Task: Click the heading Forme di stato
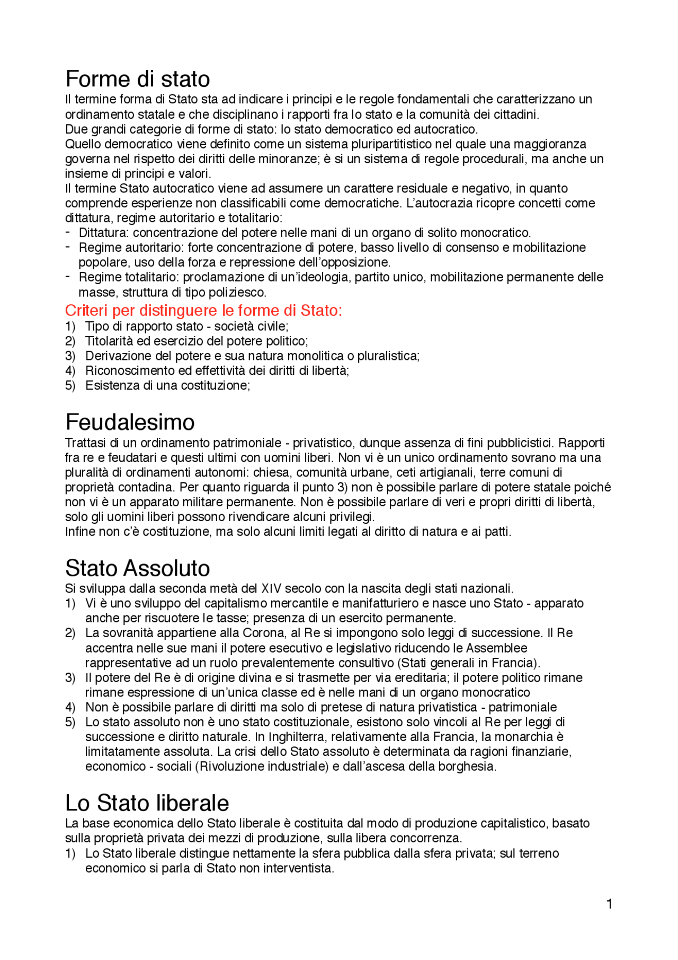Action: tap(138, 80)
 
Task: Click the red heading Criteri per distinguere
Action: tap(203, 311)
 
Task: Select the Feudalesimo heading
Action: tap(130, 422)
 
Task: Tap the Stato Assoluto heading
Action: tap(138, 568)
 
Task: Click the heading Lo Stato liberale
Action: tap(147, 803)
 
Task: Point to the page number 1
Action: tap(609, 904)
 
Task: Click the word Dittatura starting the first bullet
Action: tap(104, 233)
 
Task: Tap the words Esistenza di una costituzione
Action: tap(167, 385)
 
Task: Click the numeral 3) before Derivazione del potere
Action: tap(70, 356)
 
